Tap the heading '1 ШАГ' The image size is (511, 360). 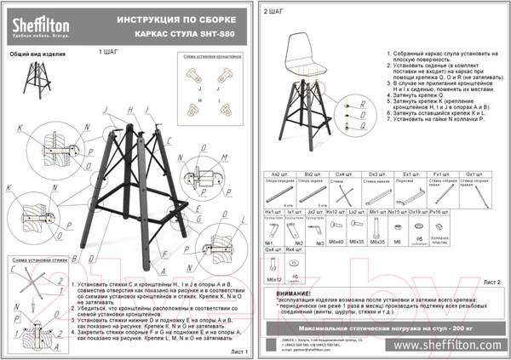tap(109, 52)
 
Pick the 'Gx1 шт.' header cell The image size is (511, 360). tap(474, 173)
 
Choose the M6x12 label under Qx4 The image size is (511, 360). tap(274, 278)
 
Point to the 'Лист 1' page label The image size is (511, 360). tap(238, 351)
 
